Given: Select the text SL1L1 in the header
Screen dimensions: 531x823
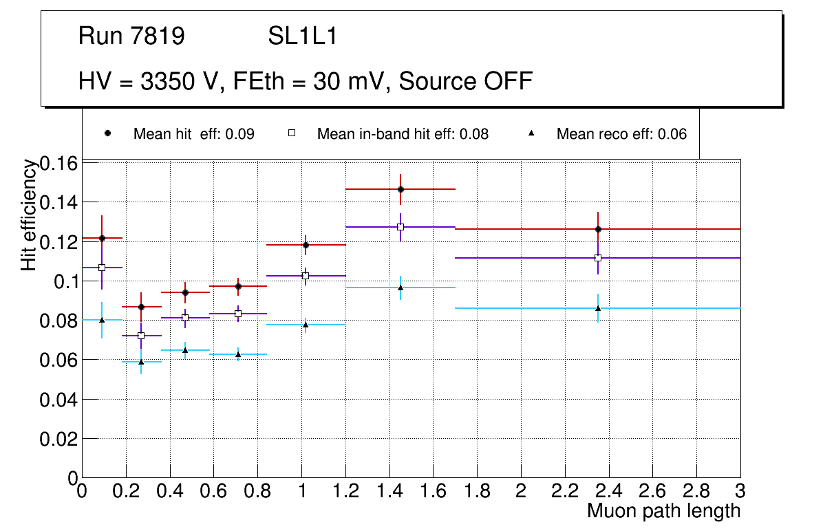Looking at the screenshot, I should pyautogui.click(x=302, y=36).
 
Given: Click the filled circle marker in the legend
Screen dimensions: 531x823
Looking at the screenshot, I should pyautogui.click(x=107, y=133).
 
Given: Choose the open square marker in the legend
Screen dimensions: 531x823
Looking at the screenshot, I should pyautogui.click(x=291, y=133).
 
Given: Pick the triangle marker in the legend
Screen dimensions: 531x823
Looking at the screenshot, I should pyautogui.click(x=531, y=133).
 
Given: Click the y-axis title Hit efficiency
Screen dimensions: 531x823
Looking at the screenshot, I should pyautogui.click(x=29, y=215).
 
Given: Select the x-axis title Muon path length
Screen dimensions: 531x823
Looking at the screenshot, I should pyautogui.click(x=663, y=511).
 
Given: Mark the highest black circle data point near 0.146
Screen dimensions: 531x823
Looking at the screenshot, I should pyautogui.click(x=400, y=189).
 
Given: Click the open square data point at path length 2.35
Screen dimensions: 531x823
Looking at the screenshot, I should pyautogui.click(x=598, y=258).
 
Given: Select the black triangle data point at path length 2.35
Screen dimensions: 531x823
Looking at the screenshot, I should pyautogui.click(x=598, y=307).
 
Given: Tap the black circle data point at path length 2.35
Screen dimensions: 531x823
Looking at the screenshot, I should pyautogui.click(x=598, y=229).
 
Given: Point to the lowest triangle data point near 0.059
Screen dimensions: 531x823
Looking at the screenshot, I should pyautogui.click(x=141, y=361).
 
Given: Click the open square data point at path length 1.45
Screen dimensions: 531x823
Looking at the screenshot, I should pyautogui.click(x=400, y=227).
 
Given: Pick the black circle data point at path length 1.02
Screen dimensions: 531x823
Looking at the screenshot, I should pyautogui.click(x=306, y=245).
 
